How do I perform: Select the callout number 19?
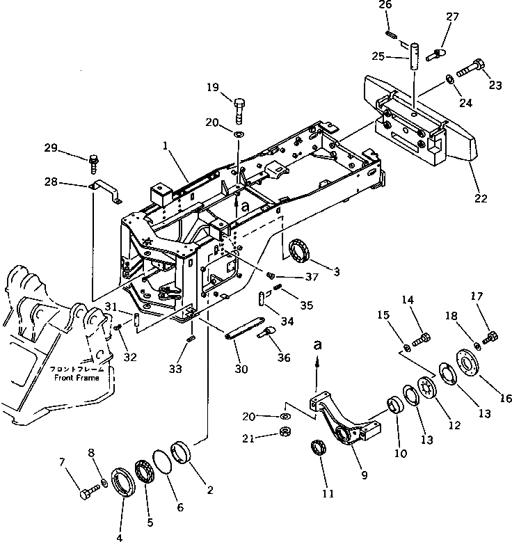click(213, 87)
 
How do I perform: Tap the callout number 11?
click(328, 494)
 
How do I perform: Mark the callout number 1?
click(166, 148)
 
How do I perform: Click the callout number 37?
click(293, 278)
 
